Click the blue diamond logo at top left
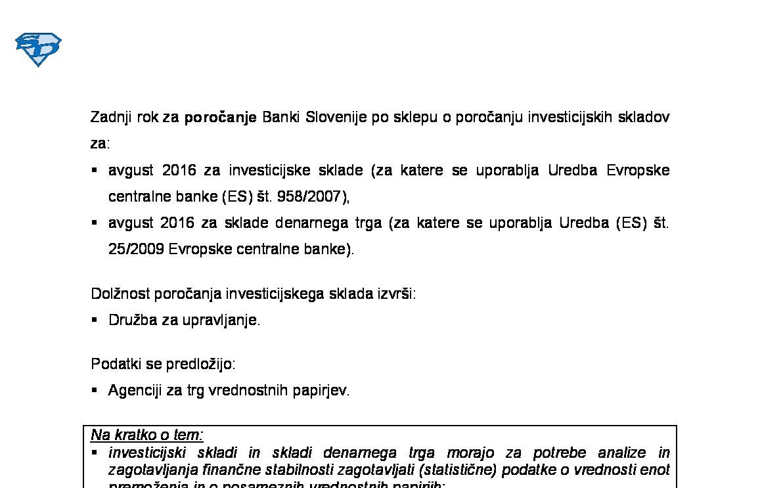coord(38,49)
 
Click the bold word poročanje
coord(220,118)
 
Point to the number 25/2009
coord(136,250)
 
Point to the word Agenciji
coord(135,391)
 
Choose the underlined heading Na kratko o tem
coord(147,435)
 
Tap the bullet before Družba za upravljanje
coord(95,320)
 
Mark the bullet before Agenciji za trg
coord(95,390)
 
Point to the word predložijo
coord(200,364)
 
